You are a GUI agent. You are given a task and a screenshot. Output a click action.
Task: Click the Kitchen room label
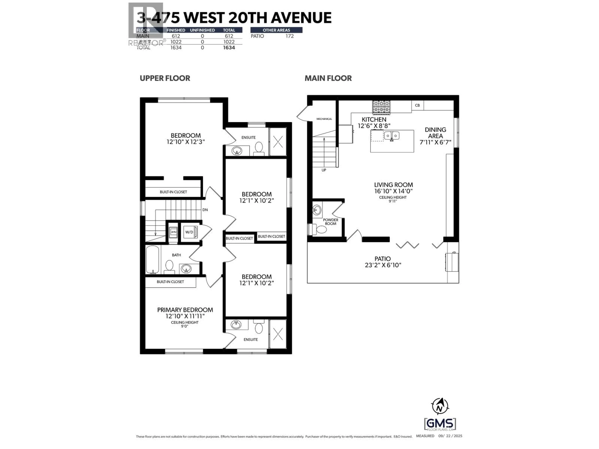(374, 119)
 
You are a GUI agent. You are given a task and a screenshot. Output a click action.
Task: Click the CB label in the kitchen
(417, 105)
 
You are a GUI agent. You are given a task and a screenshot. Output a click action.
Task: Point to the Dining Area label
(435, 133)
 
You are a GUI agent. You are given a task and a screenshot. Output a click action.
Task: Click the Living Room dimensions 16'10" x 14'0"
(393, 191)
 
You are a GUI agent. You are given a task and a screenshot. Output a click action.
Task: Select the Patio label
(383, 259)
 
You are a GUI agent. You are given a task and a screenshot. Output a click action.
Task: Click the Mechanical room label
(324, 119)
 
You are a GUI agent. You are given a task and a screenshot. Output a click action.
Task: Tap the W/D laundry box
(189, 232)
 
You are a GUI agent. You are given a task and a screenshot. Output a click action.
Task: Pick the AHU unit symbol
(173, 232)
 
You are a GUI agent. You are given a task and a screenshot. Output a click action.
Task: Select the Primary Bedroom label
(185, 310)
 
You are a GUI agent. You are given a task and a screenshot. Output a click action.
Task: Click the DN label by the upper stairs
(205, 210)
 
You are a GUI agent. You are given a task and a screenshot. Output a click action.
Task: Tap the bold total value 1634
(229, 48)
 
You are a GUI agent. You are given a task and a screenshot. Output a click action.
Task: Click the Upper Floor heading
(165, 78)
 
